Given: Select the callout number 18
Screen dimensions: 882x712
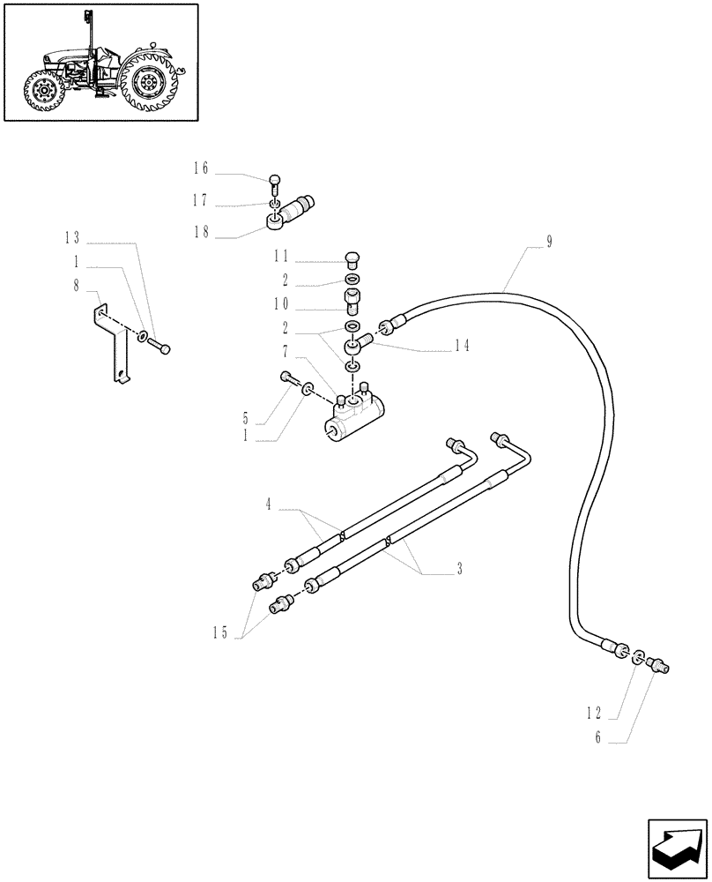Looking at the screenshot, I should [200, 231].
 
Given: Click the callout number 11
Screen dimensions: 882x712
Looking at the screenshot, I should [280, 257].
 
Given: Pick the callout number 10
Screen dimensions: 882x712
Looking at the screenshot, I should [280, 303].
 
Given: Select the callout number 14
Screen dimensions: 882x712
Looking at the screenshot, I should [462, 346].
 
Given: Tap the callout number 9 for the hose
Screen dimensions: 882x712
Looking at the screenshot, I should [549, 240].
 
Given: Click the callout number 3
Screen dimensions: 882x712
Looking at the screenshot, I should [460, 569].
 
